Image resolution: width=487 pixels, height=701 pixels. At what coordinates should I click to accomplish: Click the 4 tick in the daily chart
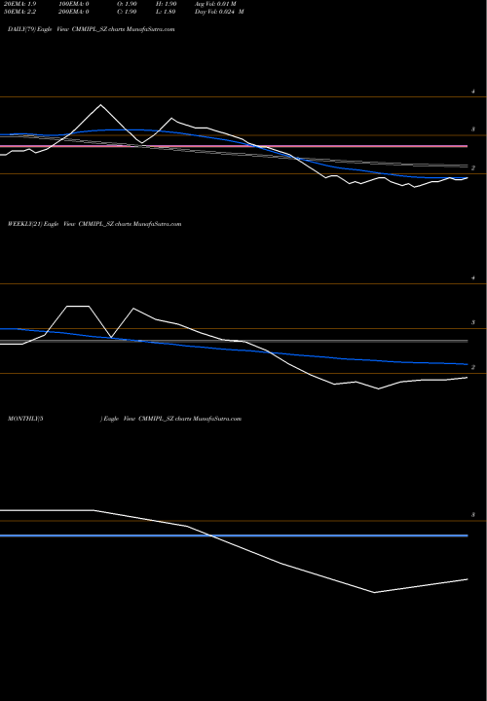[472, 92]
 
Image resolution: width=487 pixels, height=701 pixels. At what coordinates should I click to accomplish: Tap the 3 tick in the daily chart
[472, 129]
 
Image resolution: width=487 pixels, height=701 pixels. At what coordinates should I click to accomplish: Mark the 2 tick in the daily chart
[472, 167]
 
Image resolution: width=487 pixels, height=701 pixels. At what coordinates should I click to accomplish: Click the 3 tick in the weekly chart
[472, 322]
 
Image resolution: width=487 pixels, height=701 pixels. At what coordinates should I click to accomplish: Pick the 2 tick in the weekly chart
[472, 367]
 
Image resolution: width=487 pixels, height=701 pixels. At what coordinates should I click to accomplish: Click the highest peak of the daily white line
[99, 104]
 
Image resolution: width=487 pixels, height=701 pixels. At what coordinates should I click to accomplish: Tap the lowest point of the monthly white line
[374, 592]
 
